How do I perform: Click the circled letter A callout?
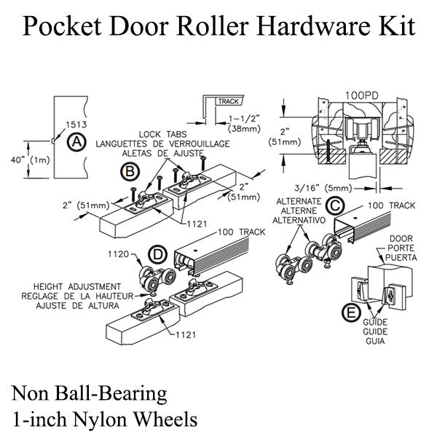[75, 143]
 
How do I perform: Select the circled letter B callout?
[130, 172]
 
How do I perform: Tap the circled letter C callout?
[336, 205]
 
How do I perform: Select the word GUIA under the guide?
[375, 339]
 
